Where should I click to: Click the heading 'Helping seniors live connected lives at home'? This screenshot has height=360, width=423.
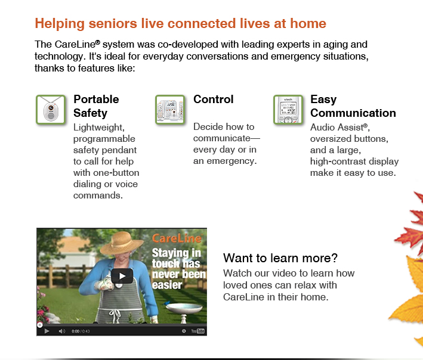tap(180, 24)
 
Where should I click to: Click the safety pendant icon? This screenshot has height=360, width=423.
tap(51, 110)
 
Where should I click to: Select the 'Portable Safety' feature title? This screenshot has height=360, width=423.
tap(96, 106)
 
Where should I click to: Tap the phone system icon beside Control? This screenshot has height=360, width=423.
tap(170, 110)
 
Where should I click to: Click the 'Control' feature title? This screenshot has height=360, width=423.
tap(213, 100)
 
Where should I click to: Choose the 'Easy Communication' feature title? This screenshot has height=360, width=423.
tap(353, 106)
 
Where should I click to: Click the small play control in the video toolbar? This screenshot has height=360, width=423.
tap(47, 331)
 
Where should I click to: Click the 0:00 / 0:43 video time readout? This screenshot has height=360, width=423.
tap(80, 331)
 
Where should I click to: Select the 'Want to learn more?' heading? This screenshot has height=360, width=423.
tap(280, 258)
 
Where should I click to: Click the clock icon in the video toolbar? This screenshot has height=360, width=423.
tap(184, 331)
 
